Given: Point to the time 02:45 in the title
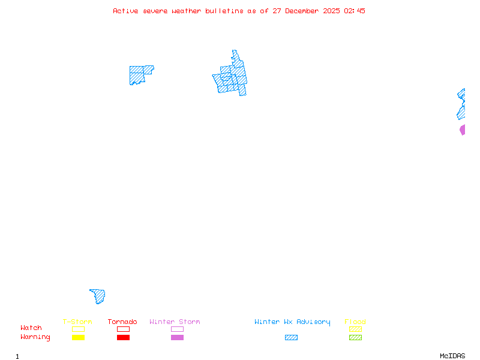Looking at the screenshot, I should coord(355,11).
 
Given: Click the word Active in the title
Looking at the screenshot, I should coord(125,11).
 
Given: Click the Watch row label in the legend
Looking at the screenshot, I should coord(31,328).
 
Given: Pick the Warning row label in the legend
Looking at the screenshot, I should coord(35,337).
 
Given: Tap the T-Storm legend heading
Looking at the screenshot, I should coord(77,322).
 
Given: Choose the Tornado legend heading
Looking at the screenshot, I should coord(122,322).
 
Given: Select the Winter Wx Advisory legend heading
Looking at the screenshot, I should coord(292,322).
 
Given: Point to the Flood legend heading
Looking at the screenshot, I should coord(355,322).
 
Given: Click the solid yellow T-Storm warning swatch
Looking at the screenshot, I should coord(78,338).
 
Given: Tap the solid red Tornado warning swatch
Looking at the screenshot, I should coord(123,338).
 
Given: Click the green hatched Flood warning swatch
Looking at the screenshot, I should coord(355,338).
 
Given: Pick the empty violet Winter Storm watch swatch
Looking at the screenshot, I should coord(177,329).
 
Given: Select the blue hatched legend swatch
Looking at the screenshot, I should coord(291,338).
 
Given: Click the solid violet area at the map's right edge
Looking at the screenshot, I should coord(463,130).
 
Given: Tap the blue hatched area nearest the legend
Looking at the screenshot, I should coord(99,296).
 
